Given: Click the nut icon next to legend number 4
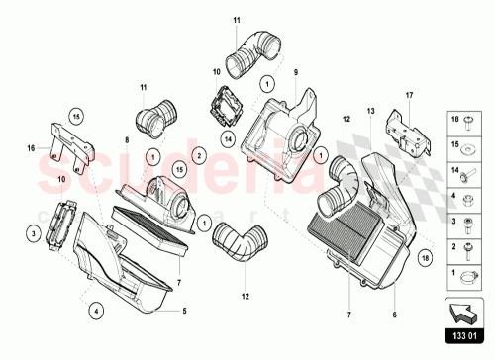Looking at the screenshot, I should point(465,196).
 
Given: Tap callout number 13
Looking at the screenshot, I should point(371,112).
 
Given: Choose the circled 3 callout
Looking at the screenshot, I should point(33,234).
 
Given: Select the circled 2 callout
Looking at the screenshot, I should point(199,155).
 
